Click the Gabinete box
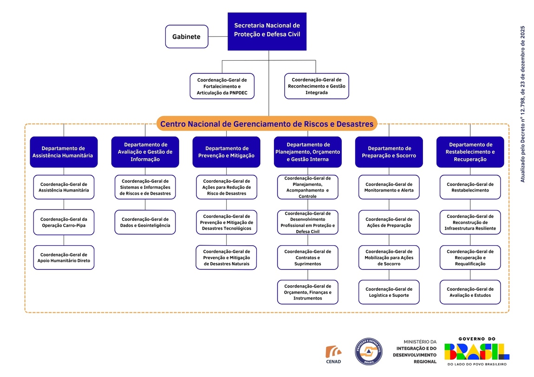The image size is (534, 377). [187, 36]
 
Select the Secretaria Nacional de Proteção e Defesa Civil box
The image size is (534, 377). [267, 31]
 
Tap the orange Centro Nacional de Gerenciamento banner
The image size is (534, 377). [267, 124]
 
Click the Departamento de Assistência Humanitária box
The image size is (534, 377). [64, 152]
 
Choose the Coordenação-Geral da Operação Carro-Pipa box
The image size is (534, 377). [64, 222]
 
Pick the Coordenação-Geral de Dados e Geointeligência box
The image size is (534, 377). [145, 222]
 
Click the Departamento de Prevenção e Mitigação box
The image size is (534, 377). [227, 152]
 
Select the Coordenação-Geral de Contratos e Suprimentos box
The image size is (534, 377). [308, 258]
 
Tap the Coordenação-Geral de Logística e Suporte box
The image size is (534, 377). [389, 292]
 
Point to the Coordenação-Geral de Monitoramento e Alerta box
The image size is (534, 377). [389, 187]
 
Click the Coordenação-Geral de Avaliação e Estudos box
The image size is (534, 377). [470, 292]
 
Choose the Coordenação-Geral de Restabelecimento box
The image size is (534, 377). [470, 187]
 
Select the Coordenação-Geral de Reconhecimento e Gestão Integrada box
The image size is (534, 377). [317, 86]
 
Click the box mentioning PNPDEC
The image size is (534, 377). [222, 86]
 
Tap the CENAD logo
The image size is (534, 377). [333, 355]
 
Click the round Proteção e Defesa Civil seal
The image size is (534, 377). [369, 351]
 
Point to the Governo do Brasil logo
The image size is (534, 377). [477, 351]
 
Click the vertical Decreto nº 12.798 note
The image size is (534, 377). [523, 104]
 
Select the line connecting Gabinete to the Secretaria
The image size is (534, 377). [218, 36]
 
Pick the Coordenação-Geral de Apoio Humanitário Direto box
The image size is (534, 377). [64, 258]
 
